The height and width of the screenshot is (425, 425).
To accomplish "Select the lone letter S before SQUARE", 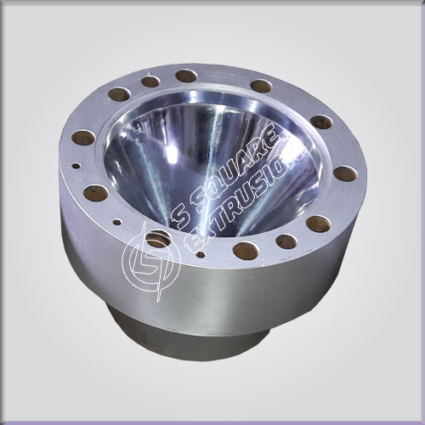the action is [x=181, y=218].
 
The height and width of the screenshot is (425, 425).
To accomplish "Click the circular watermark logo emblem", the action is [x=150, y=262].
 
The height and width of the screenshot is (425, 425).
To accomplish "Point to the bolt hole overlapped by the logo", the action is [x=158, y=239].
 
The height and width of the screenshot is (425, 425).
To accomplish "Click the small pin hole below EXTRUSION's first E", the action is [x=201, y=254].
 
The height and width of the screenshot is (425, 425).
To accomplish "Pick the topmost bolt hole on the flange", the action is [x=186, y=76].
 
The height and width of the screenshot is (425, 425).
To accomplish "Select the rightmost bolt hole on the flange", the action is [x=345, y=173].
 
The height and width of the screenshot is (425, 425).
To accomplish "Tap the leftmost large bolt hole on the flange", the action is [x=83, y=138].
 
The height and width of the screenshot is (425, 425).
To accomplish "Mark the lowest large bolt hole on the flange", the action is [x=246, y=251].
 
